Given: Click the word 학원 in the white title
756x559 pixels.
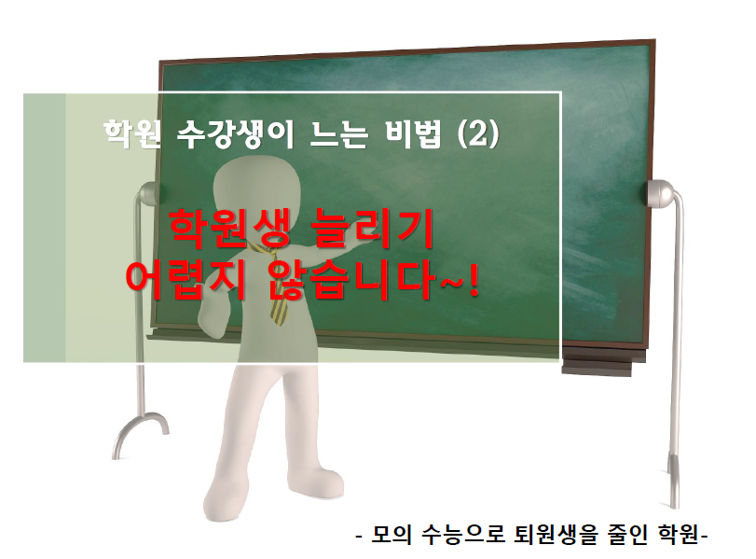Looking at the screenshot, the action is (131, 133).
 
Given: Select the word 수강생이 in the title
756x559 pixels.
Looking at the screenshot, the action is (235, 133).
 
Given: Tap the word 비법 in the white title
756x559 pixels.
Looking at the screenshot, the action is (413, 133).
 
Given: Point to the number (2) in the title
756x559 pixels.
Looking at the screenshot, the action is (478, 133).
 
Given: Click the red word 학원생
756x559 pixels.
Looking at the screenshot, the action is (230, 229).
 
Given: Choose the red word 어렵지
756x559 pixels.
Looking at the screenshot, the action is (186, 280).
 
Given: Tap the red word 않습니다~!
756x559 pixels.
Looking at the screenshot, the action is (374, 280).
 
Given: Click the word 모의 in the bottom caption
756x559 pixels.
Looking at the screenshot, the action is (392, 535).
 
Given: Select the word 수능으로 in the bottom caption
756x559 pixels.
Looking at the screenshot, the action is (463, 535).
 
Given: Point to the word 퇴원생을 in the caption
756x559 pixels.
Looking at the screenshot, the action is (556, 535).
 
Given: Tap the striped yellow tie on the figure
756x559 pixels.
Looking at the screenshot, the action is (273, 285).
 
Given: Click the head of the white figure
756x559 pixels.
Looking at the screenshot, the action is (256, 186).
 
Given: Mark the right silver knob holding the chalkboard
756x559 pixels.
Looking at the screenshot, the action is (659, 193).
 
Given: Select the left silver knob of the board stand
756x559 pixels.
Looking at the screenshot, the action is (147, 193).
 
